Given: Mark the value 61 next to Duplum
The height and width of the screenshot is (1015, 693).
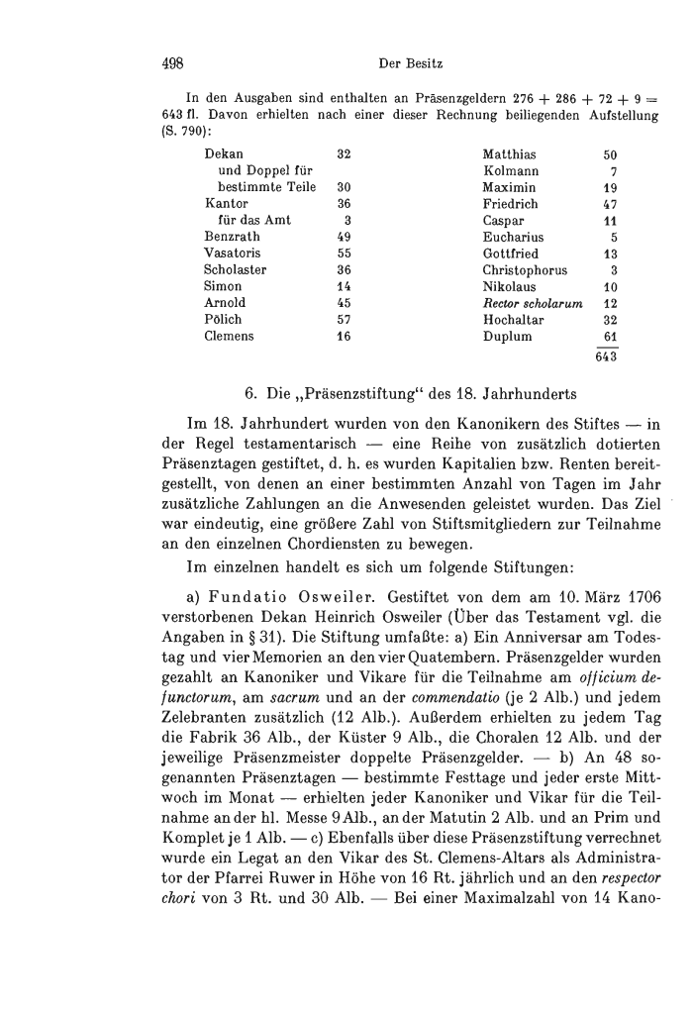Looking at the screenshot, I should click(x=610, y=336).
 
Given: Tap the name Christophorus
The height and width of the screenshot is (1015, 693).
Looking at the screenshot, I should click(x=526, y=270).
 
